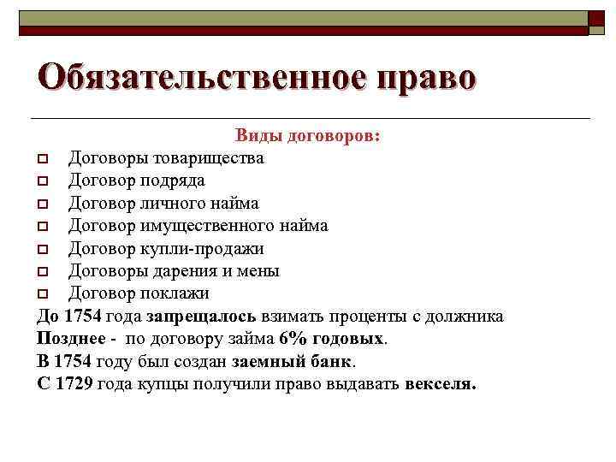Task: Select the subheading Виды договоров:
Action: [309, 136]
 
